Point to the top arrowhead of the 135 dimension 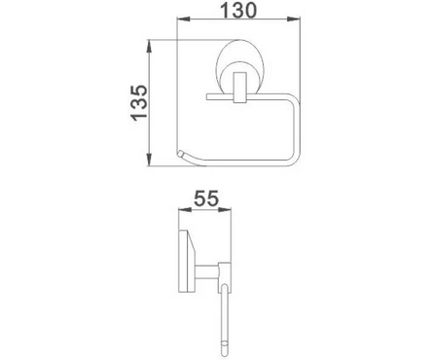coord(150,44)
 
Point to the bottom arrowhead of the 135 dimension coord(150,162)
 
